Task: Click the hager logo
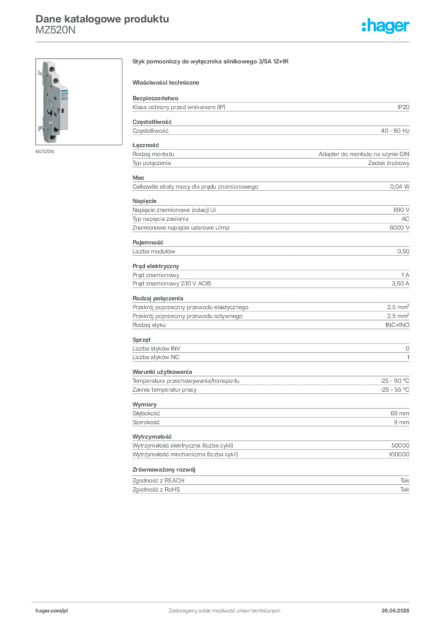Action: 385,26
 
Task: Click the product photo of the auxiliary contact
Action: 79,102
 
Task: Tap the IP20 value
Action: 403,107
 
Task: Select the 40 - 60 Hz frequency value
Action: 395,131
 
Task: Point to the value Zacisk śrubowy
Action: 389,163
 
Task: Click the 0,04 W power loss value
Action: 400,187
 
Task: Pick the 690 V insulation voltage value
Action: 401,210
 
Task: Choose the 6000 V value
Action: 399,228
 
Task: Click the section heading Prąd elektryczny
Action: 156,266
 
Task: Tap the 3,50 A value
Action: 400,284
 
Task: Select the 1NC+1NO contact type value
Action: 397,325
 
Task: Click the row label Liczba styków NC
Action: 156,357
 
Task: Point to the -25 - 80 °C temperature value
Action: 395,381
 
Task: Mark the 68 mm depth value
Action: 400,413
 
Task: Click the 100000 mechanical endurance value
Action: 399,454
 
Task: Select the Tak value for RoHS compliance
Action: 405,490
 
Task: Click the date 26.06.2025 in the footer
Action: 395,611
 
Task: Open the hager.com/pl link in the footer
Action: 52,611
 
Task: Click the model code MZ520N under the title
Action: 55,30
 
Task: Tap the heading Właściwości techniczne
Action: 166,83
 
